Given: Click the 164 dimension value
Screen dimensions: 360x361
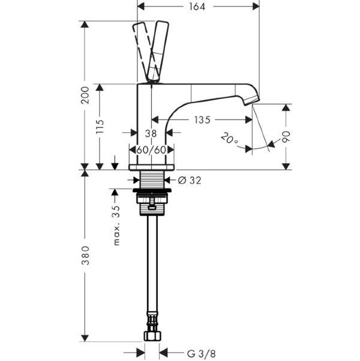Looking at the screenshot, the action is click(x=197, y=7).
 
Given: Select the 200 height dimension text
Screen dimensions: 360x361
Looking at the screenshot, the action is click(x=85, y=95).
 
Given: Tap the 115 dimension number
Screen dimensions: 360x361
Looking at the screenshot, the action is click(x=100, y=127).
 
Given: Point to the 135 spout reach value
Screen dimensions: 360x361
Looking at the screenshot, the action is click(x=202, y=120).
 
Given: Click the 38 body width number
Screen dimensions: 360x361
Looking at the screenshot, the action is click(x=151, y=133).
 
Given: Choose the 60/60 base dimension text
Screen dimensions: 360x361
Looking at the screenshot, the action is click(x=151, y=150).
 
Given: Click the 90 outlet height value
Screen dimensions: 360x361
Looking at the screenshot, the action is click(x=286, y=137).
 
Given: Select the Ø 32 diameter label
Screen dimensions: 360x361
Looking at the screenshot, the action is click(x=190, y=180).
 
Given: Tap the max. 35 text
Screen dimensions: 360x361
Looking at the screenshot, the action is click(x=117, y=225).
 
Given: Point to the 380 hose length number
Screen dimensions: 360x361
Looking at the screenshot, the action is click(x=86, y=255).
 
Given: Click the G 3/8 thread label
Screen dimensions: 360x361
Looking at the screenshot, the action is click(x=202, y=353).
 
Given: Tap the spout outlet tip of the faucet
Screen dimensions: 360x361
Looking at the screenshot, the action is click(x=252, y=101).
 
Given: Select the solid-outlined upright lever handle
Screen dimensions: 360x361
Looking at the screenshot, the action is click(x=158, y=52).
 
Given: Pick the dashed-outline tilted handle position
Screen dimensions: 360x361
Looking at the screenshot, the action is click(x=146, y=52).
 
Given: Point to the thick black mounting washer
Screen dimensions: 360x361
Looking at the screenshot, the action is click(x=152, y=190).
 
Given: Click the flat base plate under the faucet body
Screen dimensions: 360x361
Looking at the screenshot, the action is click(x=152, y=168).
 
